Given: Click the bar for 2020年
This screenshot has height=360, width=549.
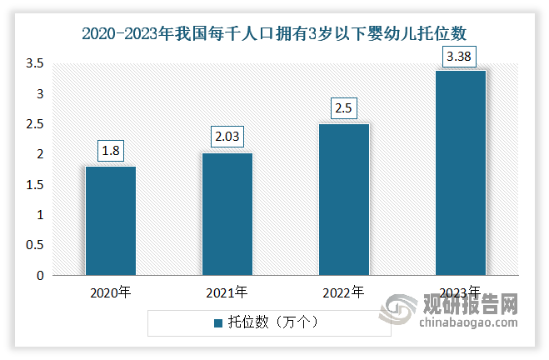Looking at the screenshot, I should [110, 221].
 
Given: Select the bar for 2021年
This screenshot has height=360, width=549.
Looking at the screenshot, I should [227, 214].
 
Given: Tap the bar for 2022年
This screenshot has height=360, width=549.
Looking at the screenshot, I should [344, 200].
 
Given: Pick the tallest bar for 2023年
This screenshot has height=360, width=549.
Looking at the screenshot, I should [461, 172].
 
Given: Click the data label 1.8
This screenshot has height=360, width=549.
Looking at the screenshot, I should [110, 151].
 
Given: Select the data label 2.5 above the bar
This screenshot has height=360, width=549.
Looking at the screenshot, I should [344, 108].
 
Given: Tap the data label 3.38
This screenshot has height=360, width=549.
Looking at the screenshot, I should [461, 56].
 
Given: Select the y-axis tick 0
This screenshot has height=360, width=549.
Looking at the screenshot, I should [40, 275].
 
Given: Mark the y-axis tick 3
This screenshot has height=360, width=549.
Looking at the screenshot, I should [40, 94].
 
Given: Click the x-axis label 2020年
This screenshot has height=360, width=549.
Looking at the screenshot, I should [110, 292].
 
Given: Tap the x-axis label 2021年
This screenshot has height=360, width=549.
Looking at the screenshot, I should [227, 292].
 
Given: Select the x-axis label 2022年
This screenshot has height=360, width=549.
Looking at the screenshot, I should [344, 292].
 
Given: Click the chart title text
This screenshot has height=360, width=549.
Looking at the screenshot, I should [274, 34].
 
